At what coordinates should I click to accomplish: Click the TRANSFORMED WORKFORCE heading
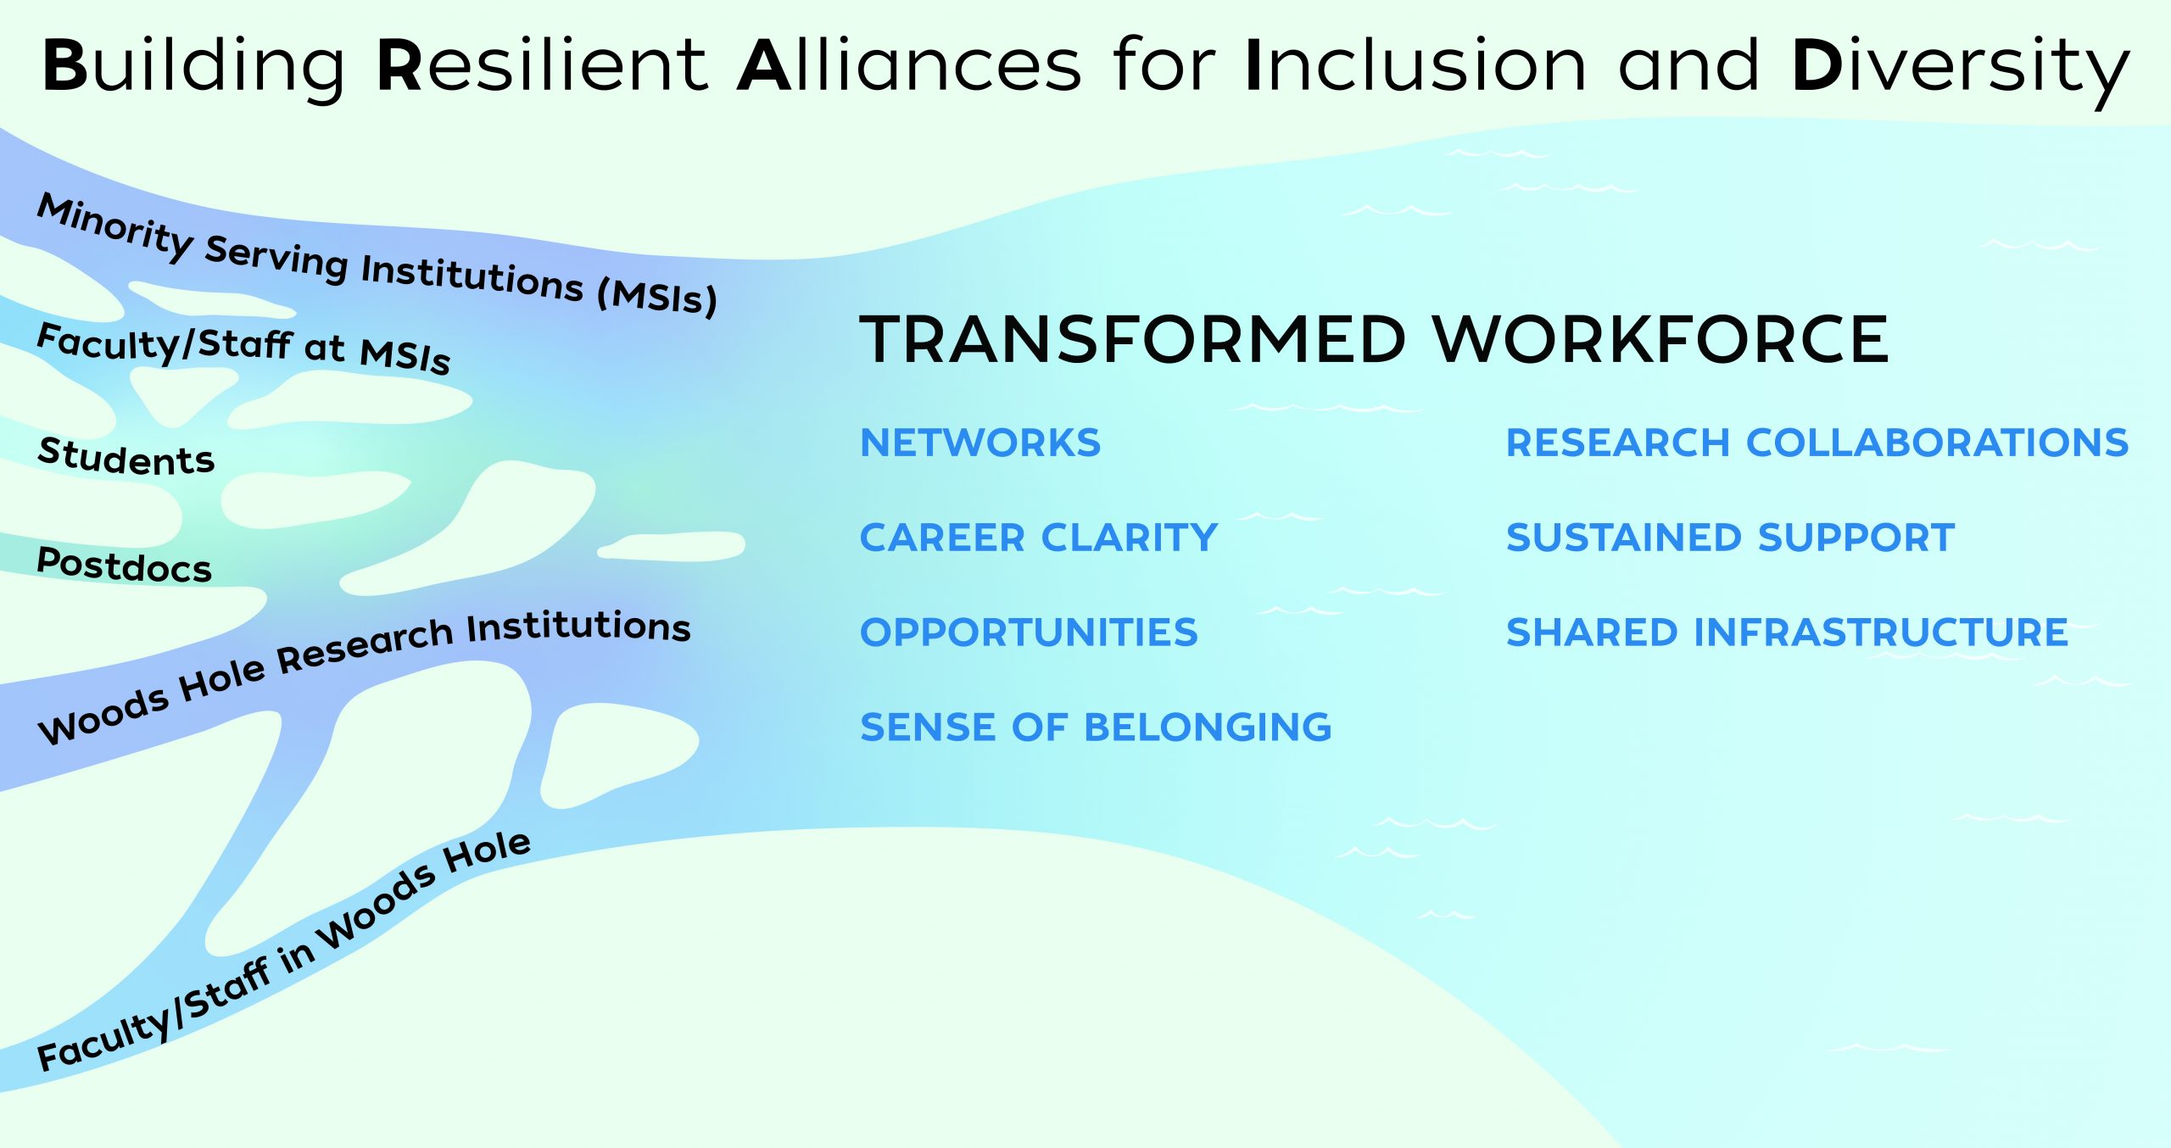pyautogui.click(x=1374, y=339)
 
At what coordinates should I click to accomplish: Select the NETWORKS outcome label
pyautogui.click(x=980, y=443)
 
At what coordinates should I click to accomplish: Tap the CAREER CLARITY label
pyautogui.click(x=1039, y=538)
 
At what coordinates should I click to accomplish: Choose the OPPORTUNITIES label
pyautogui.click(x=1029, y=633)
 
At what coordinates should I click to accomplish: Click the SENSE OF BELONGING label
pyautogui.click(x=1096, y=727)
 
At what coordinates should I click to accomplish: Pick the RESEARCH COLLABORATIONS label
pyautogui.click(x=1817, y=443)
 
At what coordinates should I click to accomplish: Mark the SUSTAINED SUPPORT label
pyautogui.click(x=1730, y=538)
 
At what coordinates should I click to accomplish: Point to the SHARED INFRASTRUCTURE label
pyautogui.click(x=1787, y=633)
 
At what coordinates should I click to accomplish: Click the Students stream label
pyautogui.click(x=126, y=456)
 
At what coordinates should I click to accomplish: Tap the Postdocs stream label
pyautogui.click(x=124, y=565)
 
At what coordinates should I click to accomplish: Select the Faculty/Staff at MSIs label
pyautogui.click(x=243, y=348)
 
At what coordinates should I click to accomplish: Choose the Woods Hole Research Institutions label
pyautogui.click(x=365, y=676)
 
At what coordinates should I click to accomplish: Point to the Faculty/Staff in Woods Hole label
pyautogui.click(x=284, y=951)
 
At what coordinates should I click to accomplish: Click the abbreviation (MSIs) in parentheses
pyautogui.click(x=657, y=297)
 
